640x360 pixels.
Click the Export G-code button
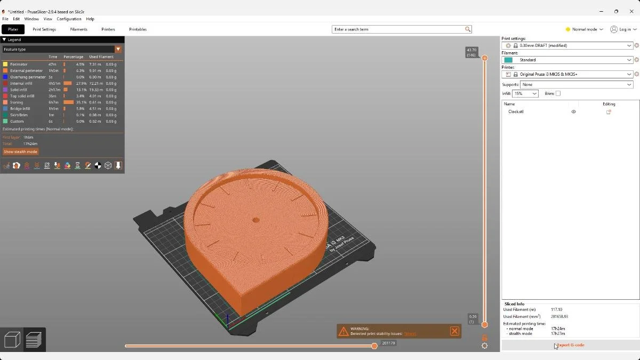(x=570, y=345)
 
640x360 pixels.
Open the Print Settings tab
(x=44, y=29)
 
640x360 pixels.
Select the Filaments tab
(x=78, y=29)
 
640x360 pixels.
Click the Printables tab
(x=138, y=29)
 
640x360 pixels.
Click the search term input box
(x=398, y=29)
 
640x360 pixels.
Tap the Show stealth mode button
(x=21, y=151)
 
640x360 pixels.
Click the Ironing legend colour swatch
(x=5, y=102)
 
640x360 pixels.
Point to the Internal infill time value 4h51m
(x=54, y=83)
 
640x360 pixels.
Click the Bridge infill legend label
(x=20, y=109)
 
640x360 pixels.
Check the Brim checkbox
(x=558, y=93)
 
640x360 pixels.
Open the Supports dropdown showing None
(x=576, y=85)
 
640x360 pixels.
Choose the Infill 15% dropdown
(x=525, y=93)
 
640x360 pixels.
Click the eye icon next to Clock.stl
(x=573, y=112)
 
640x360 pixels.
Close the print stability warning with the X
(x=454, y=331)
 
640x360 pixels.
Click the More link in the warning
(x=410, y=334)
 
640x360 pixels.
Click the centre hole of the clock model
(x=255, y=220)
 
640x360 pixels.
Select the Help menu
(x=90, y=19)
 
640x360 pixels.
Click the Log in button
(x=623, y=29)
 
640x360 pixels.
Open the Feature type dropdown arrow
(x=118, y=49)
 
